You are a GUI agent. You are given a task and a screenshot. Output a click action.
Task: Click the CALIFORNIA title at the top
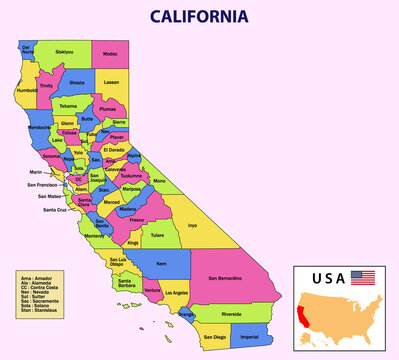coord(199,16)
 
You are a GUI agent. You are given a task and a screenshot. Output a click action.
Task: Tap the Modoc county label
coord(110,54)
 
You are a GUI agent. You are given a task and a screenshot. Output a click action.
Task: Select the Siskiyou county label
coord(64,51)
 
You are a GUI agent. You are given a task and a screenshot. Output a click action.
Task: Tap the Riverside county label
coord(231,314)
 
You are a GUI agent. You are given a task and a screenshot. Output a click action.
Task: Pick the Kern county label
coord(164,264)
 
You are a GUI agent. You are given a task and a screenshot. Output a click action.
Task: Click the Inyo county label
coord(192,225)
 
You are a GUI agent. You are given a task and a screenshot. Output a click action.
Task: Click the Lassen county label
coord(111,82)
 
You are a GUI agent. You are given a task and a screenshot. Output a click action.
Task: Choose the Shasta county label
coord(77,84)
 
